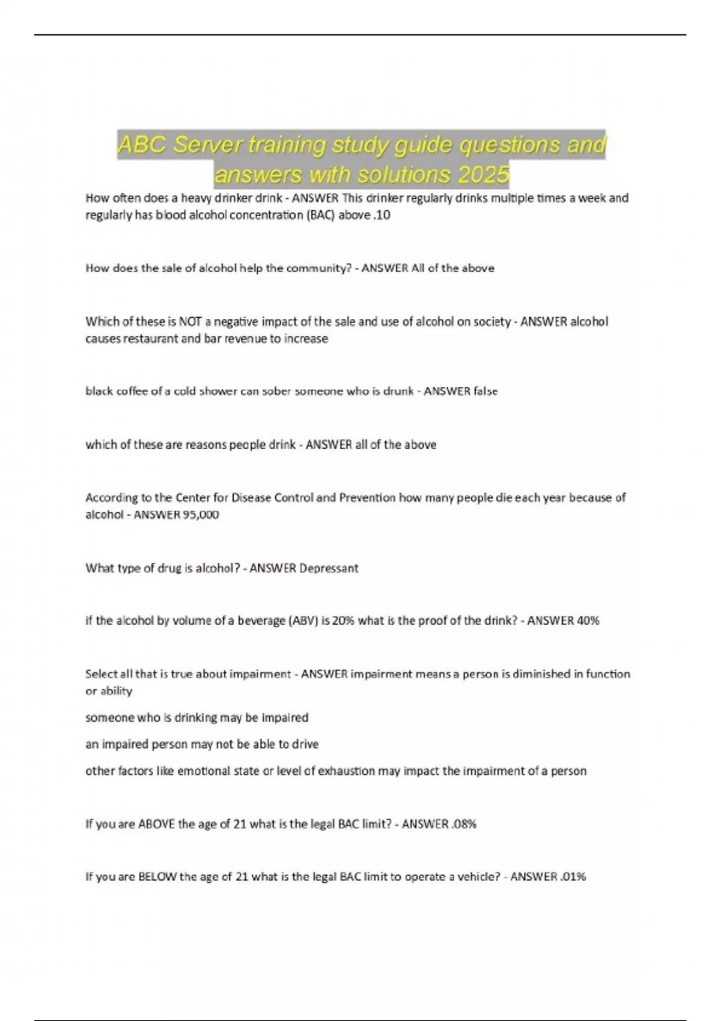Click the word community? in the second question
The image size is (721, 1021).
319,268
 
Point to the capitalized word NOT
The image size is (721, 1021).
190,321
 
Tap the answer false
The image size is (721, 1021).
485,391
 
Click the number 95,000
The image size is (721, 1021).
201,514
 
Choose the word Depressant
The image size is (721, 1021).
329,568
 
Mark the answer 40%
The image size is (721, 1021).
588,620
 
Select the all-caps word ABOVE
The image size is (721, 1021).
157,824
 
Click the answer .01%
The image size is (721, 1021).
573,877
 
